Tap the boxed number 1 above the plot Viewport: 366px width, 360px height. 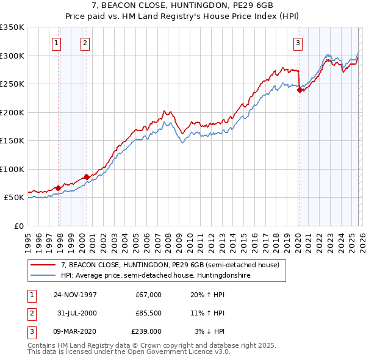click(56, 43)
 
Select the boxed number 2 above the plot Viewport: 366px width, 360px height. click(84, 43)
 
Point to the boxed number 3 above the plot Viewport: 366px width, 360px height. click(298, 43)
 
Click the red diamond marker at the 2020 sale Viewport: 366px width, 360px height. click(300, 90)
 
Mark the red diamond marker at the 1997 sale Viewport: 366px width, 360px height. click(59, 188)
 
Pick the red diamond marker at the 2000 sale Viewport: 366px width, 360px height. click(87, 177)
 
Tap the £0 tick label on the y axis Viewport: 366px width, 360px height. click(18, 226)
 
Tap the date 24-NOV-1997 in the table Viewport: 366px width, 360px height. click(75, 295)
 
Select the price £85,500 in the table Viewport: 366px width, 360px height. click(149, 313)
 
